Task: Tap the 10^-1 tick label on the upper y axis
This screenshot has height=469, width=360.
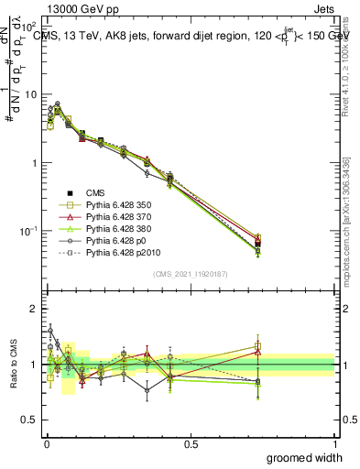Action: [x=27, y=232]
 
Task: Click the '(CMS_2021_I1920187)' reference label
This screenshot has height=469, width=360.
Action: [x=191, y=274]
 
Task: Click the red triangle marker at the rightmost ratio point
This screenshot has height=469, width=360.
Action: [x=258, y=351]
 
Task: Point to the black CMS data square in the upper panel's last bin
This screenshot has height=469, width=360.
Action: [x=258, y=243]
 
